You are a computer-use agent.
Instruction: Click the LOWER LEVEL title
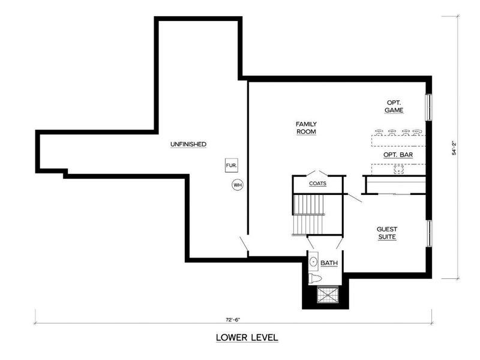click(x=247, y=338)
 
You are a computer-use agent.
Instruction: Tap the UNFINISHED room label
click(x=188, y=145)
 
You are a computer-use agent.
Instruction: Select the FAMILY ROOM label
click(x=306, y=128)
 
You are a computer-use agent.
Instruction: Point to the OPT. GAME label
click(x=394, y=106)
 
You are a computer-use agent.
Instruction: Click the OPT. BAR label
click(x=397, y=155)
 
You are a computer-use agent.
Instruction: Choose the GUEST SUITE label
click(x=386, y=233)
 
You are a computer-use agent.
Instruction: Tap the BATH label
click(x=329, y=263)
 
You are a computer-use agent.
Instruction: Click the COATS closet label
click(x=318, y=184)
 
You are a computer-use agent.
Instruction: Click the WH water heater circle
click(x=237, y=185)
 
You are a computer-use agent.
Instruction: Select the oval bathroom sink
click(x=313, y=262)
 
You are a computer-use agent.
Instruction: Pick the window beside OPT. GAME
click(x=428, y=106)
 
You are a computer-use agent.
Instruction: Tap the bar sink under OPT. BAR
click(x=398, y=169)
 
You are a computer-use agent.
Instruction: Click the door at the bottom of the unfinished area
click(x=243, y=244)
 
